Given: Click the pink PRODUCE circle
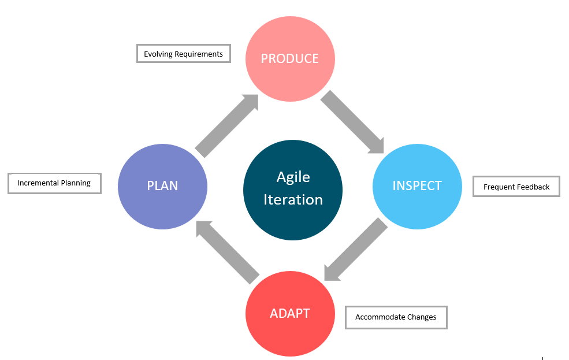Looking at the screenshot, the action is point(290,59).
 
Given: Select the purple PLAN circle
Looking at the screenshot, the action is point(162,187).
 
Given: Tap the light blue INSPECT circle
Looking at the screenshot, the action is point(417,187).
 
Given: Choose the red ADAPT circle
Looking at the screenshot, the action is point(290,314).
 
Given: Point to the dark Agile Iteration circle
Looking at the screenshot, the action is point(293,190).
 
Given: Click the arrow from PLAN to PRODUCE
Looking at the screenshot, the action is point(227,125).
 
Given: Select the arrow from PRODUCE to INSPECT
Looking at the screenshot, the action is point(352,122).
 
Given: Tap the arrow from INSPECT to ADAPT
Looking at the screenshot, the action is point(356,249).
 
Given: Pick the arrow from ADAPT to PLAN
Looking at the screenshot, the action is point(228,253).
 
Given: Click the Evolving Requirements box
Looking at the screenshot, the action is point(184,54).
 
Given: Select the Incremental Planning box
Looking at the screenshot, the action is point(54,183).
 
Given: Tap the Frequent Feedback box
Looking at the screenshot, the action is point(516,187).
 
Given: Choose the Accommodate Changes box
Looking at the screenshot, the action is point(396,318).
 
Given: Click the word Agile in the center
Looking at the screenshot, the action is point(293,177).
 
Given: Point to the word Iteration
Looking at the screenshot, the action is point(293,199).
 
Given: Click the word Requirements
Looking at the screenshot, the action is point(199,54).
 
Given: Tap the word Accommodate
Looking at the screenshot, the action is point(380,317).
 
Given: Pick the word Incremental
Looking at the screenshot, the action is point(38,183).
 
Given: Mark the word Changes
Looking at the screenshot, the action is point(422,318).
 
